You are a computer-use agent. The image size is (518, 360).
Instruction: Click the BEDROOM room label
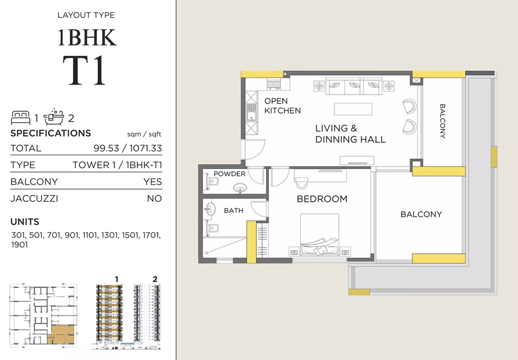pyautogui.click(x=322, y=199)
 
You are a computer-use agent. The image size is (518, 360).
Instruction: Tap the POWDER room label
pyautogui.click(x=230, y=174)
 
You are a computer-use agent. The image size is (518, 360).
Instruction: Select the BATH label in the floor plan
pyautogui.click(x=233, y=211)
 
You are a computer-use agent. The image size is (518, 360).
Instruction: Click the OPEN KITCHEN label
pyautogui.click(x=282, y=106)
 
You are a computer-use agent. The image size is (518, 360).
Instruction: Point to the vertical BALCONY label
pyautogui.click(x=442, y=121)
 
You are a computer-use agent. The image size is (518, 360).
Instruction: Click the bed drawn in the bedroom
pyautogui.click(x=320, y=235)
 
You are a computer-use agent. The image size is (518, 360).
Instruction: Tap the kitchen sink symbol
pyautogui.click(x=251, y=112)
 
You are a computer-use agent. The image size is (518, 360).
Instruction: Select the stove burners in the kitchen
pyautogui.click(x=274, y=84)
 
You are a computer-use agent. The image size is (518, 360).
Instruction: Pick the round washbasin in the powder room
pyautogui.click(x=240, y=188)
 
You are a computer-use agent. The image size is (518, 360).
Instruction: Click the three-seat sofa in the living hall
pyautogui.click(x=354, y=86)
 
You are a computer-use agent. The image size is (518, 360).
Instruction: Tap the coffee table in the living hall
pyautogui.click(x=353, y=109)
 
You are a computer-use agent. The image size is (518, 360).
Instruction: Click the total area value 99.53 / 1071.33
pyautogui.click(x=128, y=148)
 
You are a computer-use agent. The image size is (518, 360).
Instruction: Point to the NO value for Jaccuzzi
pyautogui.click(x=154, y=199)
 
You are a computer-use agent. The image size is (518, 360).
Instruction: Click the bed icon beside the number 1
pyautogui.click(x=21, y=118)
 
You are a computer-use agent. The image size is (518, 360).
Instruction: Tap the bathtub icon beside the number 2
pyautogui.click(x=54, y=117)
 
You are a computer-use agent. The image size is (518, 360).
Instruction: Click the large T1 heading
pyautogui.click(x=84, y=71)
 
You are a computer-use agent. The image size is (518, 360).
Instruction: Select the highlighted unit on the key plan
pyautogui.click(x=61, y=334)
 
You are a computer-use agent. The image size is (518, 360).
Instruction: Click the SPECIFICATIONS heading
pyautogui.click(x=51, y=133)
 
